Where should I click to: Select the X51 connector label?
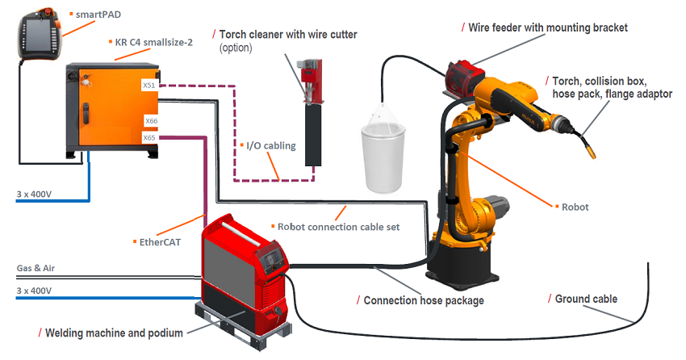click(x=150, y=85)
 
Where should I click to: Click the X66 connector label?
click(x=151, y=121)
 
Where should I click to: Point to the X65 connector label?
click(x=148, y=138)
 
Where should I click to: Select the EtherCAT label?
click(x=157, y=241)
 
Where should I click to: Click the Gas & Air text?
click(x=36, y=268)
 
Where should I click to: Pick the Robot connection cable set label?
click(x=338, y=227)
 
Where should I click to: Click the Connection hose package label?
click(x=423, y=300)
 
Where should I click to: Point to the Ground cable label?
click(x=586, y=299)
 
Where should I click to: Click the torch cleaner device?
click(x=309, y=113)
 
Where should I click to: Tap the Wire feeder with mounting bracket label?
click(x=548, y=27)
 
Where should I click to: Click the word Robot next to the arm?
click(x=575, y=207)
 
